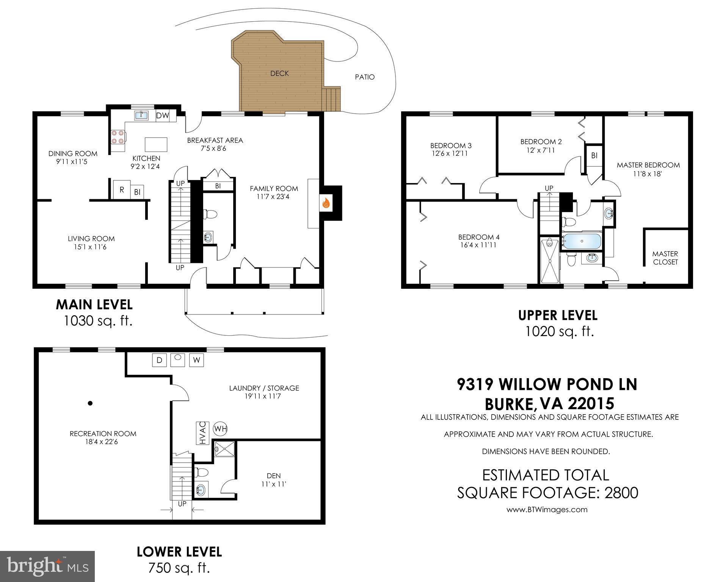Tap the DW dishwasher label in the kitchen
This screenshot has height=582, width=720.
click(163, 116)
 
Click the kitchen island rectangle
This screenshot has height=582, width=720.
click(156, 144)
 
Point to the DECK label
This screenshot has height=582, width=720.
click(279, 74)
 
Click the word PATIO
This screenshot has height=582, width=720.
click(365, 77)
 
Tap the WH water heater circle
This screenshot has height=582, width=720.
click(220, 429)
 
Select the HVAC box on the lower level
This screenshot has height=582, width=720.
click(202, 433)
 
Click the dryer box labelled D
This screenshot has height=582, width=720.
click(159, 360)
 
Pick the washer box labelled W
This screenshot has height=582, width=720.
click(196, 360)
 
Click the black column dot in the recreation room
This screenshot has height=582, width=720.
click(90, 403)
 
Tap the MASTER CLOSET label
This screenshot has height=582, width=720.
click(665, 258)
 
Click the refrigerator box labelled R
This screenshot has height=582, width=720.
click(122, 189)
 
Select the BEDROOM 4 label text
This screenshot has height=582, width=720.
click(479, 237)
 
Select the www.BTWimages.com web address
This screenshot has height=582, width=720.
click(547, 510)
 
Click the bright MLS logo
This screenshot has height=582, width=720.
click(47, 566)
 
